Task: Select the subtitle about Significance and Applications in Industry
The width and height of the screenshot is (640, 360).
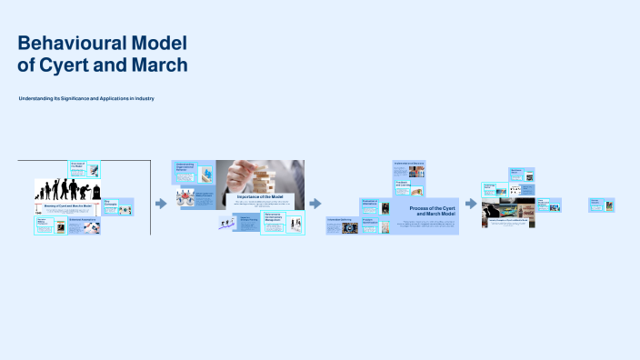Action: [x=86, y=97]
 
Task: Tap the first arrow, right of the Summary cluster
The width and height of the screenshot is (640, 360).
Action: [x=161, y=204]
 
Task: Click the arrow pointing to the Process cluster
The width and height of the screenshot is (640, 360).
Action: [x=315, y=204]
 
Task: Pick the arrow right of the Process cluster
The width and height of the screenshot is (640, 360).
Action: [x=471, y=204]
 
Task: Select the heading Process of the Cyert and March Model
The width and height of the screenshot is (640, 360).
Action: [x=426, y=209]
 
